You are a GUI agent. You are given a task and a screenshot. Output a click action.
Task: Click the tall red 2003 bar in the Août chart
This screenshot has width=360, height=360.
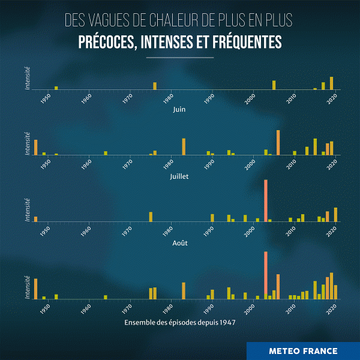point(265,201)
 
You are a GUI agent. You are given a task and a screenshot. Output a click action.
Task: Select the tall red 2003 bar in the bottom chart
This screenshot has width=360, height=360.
point(265,275)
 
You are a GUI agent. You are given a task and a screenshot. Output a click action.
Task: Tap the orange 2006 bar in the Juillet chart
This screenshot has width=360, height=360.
point(278,143)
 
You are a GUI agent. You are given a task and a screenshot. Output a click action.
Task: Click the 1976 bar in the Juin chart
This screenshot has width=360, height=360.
point(154,86)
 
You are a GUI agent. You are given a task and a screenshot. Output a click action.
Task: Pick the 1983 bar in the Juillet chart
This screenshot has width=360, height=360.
point(184,146)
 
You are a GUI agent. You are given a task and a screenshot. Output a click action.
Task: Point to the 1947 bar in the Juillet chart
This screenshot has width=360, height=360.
point(36,147)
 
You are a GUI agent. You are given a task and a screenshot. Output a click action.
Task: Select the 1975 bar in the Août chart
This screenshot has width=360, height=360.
point(151,217)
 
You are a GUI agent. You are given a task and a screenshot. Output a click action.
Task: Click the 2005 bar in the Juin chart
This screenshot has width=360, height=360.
point(274,85)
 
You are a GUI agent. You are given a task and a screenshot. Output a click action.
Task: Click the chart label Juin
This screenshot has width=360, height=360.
point(179,110)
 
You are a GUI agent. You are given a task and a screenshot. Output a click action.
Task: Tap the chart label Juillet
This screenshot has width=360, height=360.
point(179,177)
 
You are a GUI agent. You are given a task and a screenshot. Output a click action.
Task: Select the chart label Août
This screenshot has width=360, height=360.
point(179,244)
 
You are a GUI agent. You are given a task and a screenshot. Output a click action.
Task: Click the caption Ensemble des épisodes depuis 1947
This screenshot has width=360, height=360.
point(179,322)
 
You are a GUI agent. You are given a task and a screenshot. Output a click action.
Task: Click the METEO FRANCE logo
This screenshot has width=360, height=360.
point(303,351)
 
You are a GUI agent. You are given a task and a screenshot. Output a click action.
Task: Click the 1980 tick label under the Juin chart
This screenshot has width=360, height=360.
point(170,98)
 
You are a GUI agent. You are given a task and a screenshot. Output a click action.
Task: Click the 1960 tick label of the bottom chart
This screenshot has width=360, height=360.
point(88,308)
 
